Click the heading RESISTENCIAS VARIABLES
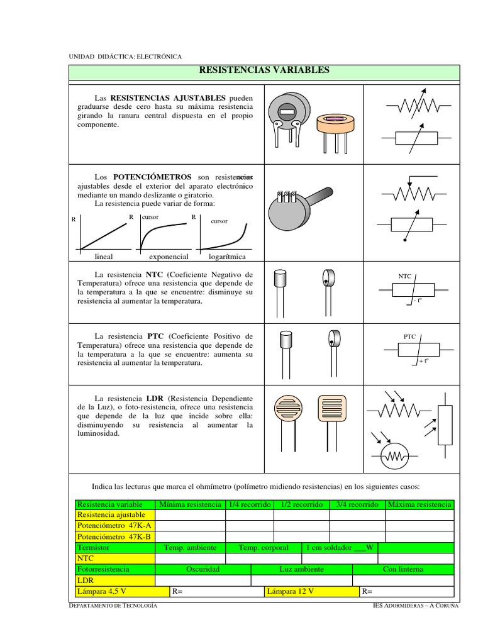[x=264, y=70]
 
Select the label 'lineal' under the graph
[x=104, y=257]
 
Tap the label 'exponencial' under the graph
[x=169, y=257]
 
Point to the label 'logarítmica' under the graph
[x=227, y=257]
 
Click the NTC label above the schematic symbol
[x=405, y=276]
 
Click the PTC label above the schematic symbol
[x=409, y=336]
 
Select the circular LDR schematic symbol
[x=396, y=455]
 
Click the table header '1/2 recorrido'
[x=301, y=504]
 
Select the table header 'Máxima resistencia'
[x=419, y=504]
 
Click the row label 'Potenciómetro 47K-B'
[x=114, y=536]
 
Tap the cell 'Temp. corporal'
[x=263, y=548]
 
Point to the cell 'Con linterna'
[x=402, y=569]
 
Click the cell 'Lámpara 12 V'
[x=290, y=591]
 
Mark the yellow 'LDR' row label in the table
[x=85, y=580]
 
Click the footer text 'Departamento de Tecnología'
[x=113, y=605]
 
